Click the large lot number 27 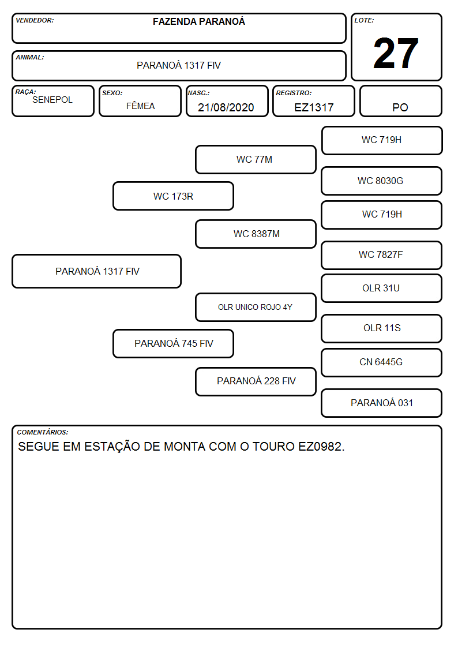coord(396,53)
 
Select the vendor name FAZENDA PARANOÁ coord(198,21)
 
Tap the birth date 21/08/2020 coord(226,107)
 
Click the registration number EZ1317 coord(314,107)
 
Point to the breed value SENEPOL coord(52,100)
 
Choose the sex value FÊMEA coord(140,106)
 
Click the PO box coord(400,101)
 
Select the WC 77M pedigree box coord(256,159)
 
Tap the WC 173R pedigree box coord(174,196)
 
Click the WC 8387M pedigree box coord(256,234)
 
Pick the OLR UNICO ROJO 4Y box coord(256,307)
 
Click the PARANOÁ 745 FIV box coord(174,343)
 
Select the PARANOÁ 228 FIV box coord(256,381)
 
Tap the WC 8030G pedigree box coord(382,181)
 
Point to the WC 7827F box coord(382,255)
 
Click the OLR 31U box coord(382,288)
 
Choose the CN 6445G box coord(382,362)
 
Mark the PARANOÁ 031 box coord(382,403)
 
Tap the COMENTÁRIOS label coord(43,432)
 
